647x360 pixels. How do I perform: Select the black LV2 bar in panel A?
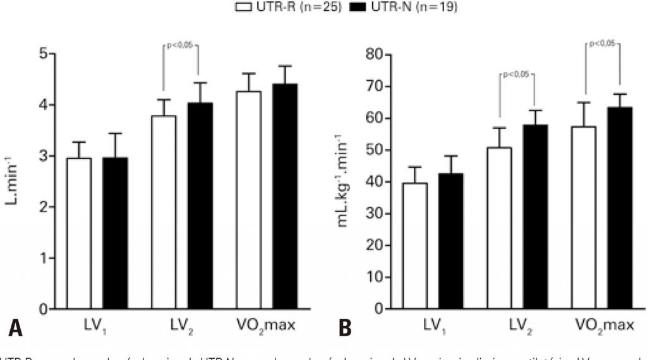pos(199,205)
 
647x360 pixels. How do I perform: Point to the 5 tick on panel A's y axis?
pos(42,54)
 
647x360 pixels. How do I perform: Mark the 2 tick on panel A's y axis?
pos(42,207)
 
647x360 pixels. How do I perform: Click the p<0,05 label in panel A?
pos(181,46)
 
